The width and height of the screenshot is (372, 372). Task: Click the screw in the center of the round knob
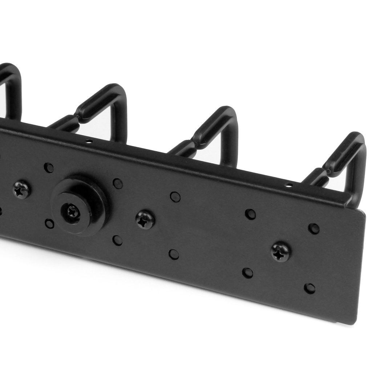pyautogui.click(x=73, y=211)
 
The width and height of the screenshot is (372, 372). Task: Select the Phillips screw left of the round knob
pyautogui.click(x=21, y=190)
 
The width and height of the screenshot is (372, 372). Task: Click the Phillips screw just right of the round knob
pyautogui.click(x=145, y=220)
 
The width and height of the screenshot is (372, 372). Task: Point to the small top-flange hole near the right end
pyautogui.click(x=289, y=185)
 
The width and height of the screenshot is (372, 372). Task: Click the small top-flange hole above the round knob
pyautogui.click(x=89, y=141)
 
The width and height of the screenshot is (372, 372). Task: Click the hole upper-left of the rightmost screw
pyautogui.click(x=250, y=214)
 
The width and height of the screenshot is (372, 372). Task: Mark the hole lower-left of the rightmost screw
pyautogui.click(x=247, y=272)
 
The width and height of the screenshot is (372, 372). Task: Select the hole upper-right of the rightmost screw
pyautogui.click(x=314, y=229)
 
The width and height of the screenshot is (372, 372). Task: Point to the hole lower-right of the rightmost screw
pyautogui.click(x=310, y=288)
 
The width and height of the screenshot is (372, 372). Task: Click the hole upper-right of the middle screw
pyautogui.click(x=175, y=197)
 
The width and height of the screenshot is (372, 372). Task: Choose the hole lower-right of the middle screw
pyautogui.click(x=174, y=254)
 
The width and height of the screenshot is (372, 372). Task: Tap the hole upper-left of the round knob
pyautogui.click(x=49, y=167)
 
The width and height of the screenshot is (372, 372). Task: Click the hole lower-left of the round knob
pyautogui.click(x=49, y=223)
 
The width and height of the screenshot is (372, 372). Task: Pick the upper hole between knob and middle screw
pyautogui.click(x=117, y=183)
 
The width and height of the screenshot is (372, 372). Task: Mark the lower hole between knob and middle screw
pyautogui.click(x=117, y=240)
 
